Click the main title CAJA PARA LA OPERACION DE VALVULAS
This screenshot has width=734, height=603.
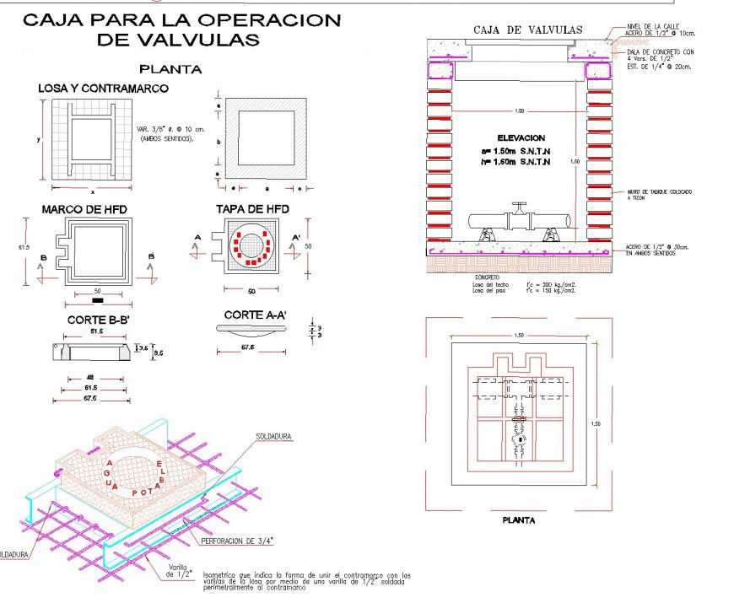tap(181, 30)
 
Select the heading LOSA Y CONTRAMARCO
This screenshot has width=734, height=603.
tap(103, 88)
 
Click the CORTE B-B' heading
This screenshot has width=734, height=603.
tap(96, 320)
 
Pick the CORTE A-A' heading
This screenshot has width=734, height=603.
tap(255, 315)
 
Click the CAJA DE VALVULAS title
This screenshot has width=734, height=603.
tap(527, 30)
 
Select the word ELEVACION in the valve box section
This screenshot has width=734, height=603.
tap(521, 137)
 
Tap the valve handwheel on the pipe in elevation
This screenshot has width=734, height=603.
tap(520, 207)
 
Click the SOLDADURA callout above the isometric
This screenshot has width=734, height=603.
tap(273, 437)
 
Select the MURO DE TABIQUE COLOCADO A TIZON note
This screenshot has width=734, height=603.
tap(659, 195)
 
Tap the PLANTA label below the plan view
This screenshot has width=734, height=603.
tap(518, 520)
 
